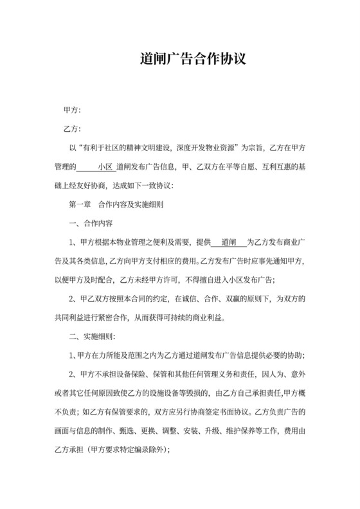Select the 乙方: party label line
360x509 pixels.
click(x=72, y=130)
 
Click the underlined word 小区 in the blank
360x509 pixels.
click(x=105, y=167)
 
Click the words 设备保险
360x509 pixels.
click(x=134, y=374)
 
